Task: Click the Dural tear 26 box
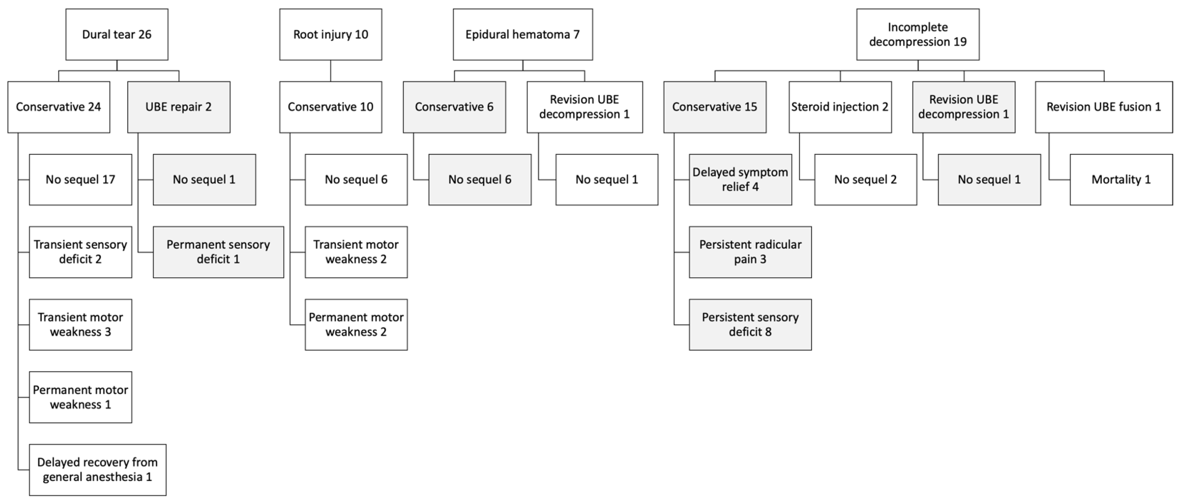(x=116, y=34)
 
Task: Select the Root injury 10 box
(x=331, y=34)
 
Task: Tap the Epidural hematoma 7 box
(x=523, y=34)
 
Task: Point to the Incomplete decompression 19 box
(x=918, y=34)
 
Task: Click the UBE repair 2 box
(x=179, y=107)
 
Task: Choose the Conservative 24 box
(x=58, y=107)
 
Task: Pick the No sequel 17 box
(x=80, y=179)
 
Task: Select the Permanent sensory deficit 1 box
(x=218, y=252)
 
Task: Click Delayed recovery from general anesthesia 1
(x=97, y=469)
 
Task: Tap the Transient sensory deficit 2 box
(x=80, y=252)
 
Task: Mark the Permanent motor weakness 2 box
(x=356, y=325)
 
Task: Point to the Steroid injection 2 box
(x=840, y=107)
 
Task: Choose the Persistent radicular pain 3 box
(x=750, y=252)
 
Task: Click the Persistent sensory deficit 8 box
(x=750, y=325)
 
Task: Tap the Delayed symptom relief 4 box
(x=740, y=179)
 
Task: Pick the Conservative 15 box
(x=715, y=107)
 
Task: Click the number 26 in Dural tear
(x=145, y=34)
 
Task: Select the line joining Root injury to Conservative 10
(x=331, y=71)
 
